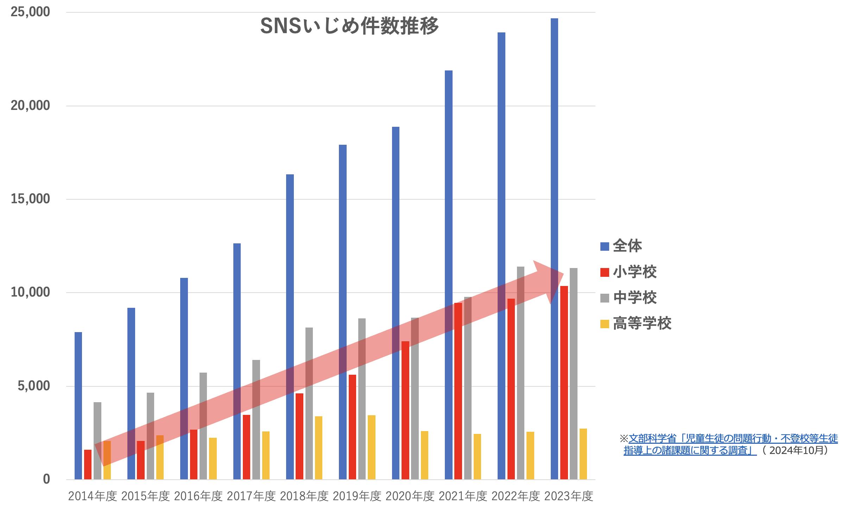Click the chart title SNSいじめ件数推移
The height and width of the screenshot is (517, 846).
pyautogui.click(x=349, y=26)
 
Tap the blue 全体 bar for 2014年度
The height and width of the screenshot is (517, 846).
pyautogui.click(x=78, y=405)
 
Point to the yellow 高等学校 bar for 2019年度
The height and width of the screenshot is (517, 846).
pyautogui.click(x=372, y=447)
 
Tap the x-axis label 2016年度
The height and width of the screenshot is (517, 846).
pyautogui.click(x=198, y=496)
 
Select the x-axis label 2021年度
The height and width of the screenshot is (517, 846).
pyautogui.click(x=463, y=496)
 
